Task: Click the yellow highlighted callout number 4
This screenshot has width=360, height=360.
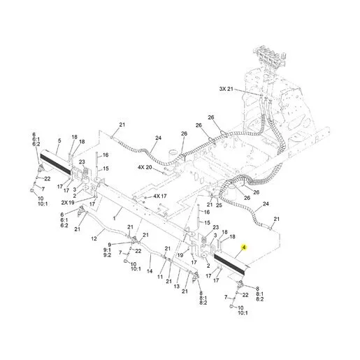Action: point(244,247)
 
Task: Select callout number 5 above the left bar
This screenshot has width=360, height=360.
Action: point(59,141)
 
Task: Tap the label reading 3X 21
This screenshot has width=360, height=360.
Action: point(226,89)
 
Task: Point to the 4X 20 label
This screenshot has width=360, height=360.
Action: point(145,167)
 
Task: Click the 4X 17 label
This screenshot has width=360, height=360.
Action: point(160,196)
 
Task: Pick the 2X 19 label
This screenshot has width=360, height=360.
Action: point(68,203)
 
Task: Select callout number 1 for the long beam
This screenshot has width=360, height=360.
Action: point(115,218)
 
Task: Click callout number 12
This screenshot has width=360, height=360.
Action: point(94,238)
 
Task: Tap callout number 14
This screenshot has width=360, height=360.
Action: point(150,271)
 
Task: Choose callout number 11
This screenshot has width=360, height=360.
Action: point(160,277)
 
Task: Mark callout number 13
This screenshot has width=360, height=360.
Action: point(177,286)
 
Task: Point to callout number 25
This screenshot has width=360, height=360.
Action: point(219,205)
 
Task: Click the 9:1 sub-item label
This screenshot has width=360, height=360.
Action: point(108,250)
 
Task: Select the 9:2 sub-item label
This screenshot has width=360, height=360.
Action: point(108,255)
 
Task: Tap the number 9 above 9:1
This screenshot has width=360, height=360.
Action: point(109,245)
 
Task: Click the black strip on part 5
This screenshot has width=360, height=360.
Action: point(55,164)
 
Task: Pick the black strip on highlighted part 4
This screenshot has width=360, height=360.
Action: point(229,264)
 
